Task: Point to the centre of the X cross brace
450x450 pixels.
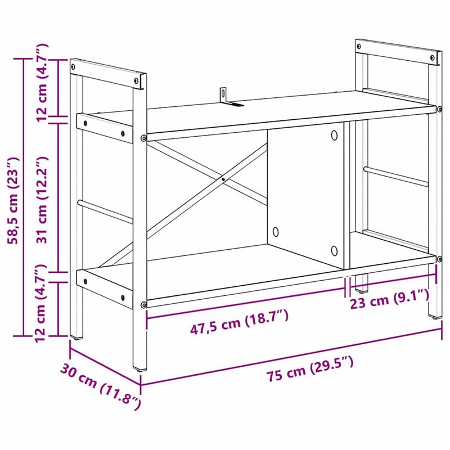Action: (223, 179)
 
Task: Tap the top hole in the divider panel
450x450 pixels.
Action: (334, 135)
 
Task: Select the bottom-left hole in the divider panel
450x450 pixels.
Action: (276, 231)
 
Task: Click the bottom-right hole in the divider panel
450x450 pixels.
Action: (334, 250)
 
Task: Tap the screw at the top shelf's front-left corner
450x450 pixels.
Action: (144, 138)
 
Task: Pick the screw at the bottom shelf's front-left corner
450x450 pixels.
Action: (144, 304)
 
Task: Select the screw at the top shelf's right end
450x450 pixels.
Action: (438, 107)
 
